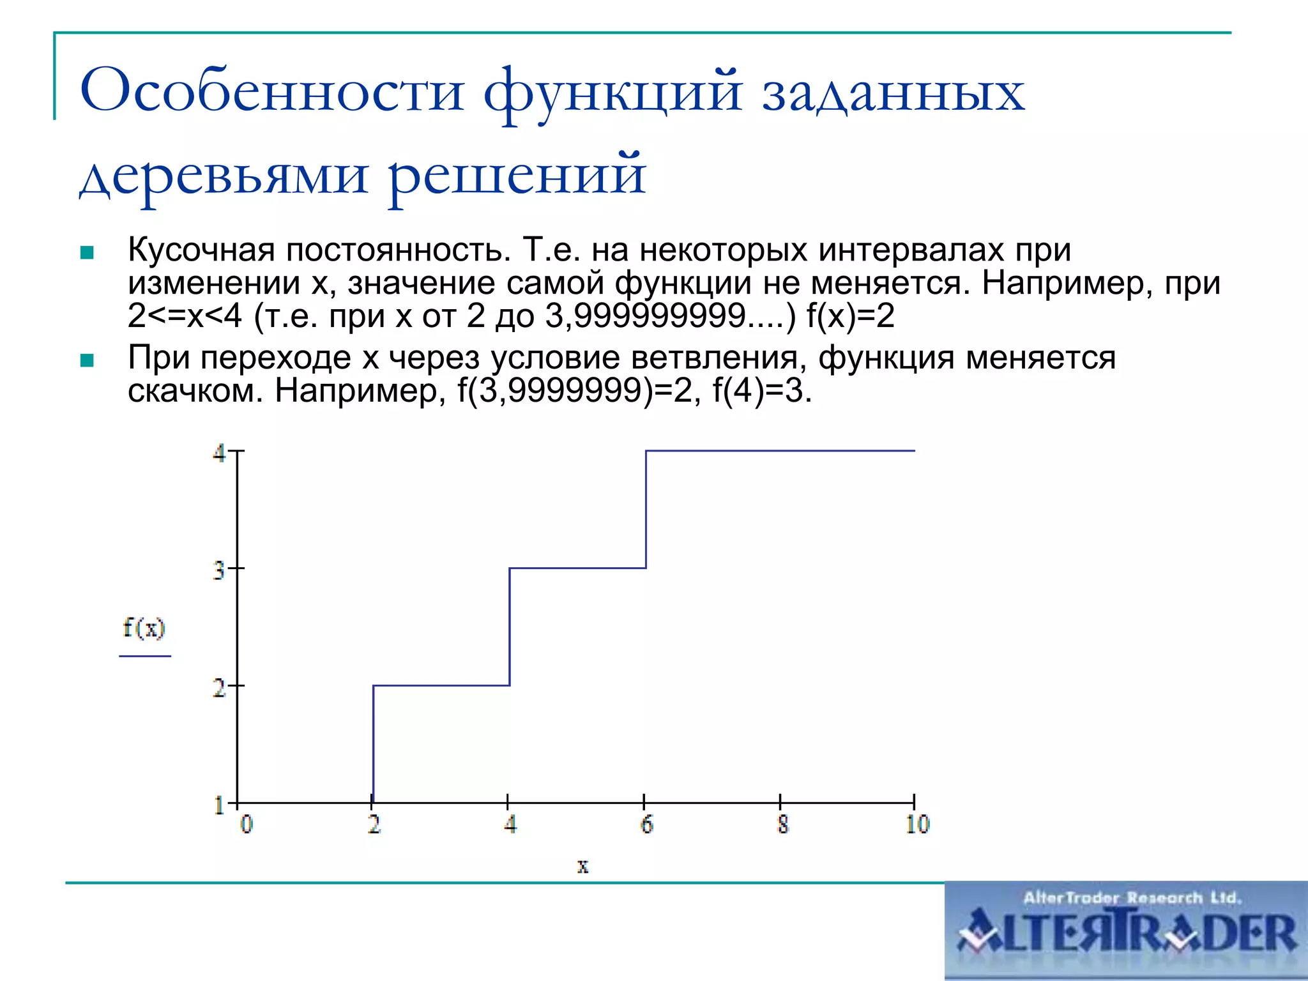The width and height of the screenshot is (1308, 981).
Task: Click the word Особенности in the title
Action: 271,91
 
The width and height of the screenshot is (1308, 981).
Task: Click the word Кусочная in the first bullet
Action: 201,250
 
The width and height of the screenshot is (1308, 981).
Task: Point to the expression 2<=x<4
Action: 185,316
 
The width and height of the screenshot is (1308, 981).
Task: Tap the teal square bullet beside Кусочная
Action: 87,253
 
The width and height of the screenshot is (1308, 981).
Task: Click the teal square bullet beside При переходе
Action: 87,361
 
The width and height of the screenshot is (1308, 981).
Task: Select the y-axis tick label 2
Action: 219,688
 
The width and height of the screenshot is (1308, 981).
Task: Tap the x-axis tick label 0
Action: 247,825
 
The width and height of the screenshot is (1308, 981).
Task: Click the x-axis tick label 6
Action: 647,825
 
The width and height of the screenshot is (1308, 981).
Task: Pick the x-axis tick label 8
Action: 783,825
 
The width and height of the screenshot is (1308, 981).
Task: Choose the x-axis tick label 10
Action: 918,825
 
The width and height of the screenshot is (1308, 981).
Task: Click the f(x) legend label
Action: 144,628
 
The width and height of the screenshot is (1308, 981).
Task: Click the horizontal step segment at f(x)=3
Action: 577,568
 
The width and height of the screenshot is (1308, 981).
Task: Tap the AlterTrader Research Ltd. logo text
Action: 1132,898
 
